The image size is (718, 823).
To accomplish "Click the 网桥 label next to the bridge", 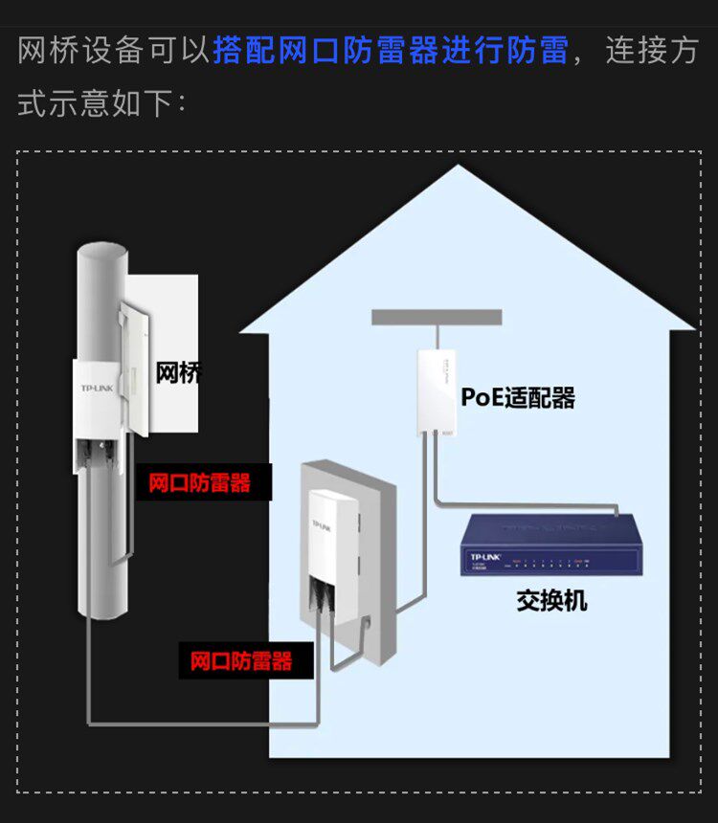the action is [179, 373].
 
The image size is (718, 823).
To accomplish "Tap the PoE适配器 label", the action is [518, 397].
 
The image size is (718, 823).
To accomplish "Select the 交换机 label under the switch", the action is [551, 600].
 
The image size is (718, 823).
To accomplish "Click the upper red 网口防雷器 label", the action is [199, 483].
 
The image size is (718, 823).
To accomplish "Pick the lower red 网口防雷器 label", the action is [241, 661].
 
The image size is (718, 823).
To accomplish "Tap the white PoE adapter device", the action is [437, 392].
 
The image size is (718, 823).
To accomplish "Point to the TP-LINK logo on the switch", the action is [485, 557].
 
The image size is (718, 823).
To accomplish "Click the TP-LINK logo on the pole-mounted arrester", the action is [97, 388].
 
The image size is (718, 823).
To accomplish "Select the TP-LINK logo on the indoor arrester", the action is [322, 525].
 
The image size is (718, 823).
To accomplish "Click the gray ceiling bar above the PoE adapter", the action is [437, 317].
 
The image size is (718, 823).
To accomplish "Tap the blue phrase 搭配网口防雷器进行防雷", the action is [391, 51].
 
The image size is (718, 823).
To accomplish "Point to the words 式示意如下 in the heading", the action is [95, 103].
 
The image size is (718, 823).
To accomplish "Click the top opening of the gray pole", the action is [102, 252].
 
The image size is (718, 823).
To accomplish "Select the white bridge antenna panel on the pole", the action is [134, 369].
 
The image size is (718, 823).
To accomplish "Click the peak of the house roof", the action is [458, 166].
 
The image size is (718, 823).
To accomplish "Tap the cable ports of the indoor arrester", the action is [322, 593].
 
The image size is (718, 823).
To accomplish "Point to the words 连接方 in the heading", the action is [652, 51].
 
